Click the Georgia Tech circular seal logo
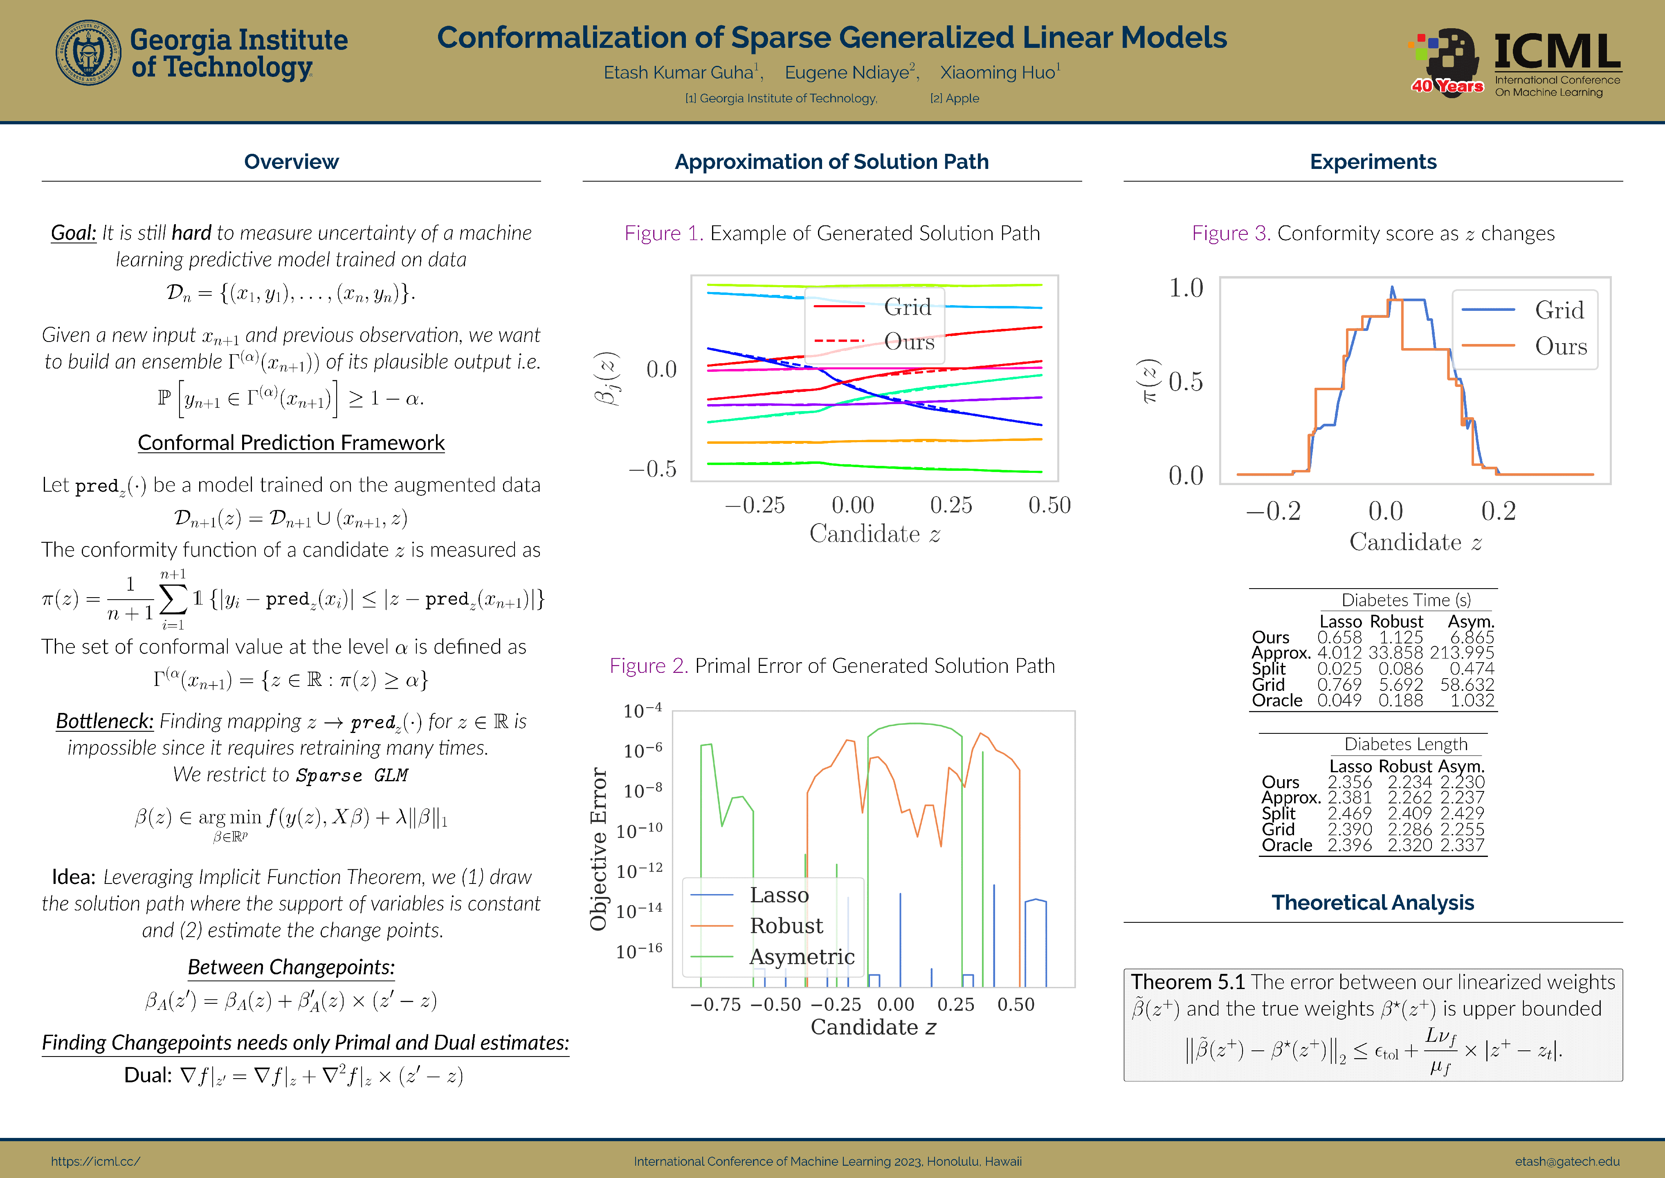click(88, 53)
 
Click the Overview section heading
click(291, 162)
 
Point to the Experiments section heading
click(1372, 162)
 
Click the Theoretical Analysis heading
click(1372, 902)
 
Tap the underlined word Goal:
click(73, 233)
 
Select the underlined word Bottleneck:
click(104, 721)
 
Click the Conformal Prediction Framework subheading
click(291, 443)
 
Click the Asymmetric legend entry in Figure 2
click(801, 957)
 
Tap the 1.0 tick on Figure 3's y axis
click(1186, 288)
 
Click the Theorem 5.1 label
click(1187, 982)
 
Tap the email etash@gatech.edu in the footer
click(1566, 1161)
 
